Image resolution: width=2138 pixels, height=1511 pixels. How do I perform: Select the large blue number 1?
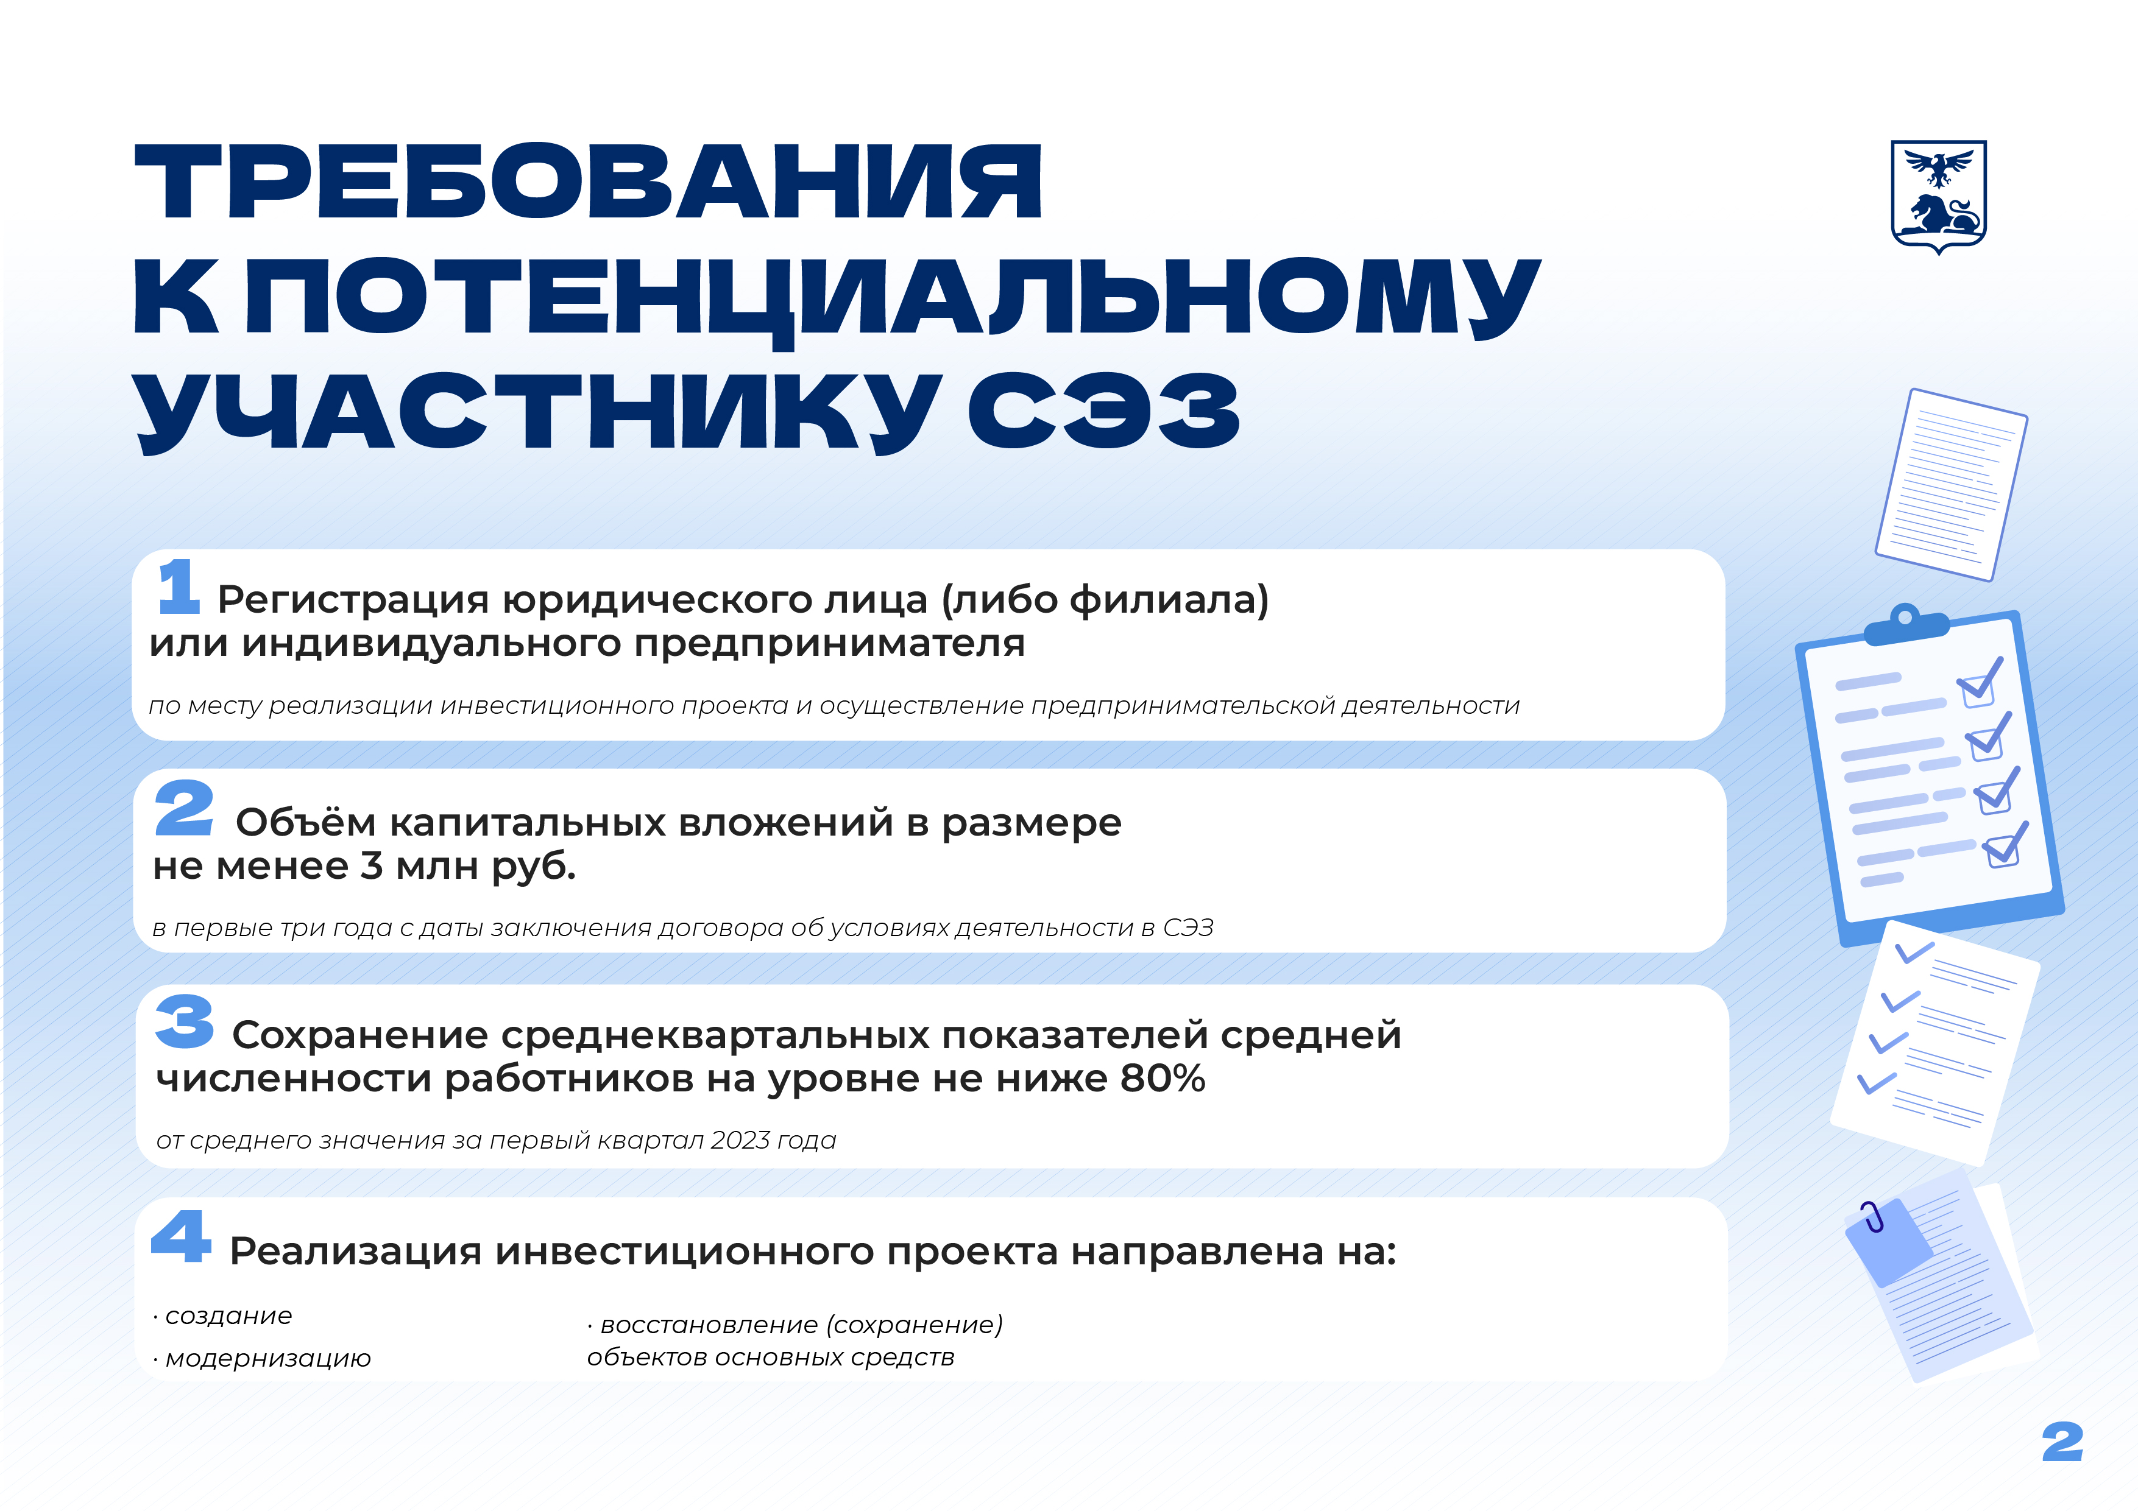tap(179, 586)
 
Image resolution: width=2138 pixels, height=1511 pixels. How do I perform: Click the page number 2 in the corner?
tap(2062, 1443)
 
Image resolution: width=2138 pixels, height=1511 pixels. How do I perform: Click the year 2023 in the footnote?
tap(740, 1141)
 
